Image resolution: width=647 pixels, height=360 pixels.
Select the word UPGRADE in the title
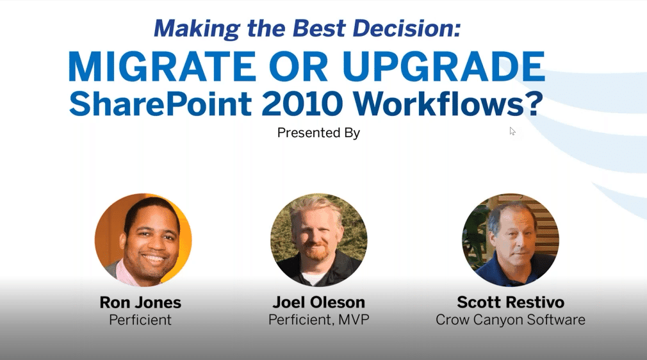pos(443,66)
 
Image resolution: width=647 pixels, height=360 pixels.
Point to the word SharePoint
pos(161,104)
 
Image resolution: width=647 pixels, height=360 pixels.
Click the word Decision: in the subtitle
pos(406,28)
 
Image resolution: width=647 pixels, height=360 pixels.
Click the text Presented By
pos(318,133)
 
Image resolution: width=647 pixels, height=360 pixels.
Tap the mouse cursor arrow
pos(512,131)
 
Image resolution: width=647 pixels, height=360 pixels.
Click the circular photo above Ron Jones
pos(143,240)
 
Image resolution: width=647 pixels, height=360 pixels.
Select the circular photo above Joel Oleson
pos(318,240)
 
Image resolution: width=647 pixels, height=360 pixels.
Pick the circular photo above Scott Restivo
pos(511,240)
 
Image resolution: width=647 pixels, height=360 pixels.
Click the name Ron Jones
pos(140,302)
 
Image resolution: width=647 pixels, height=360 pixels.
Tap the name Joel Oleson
pos(318,302)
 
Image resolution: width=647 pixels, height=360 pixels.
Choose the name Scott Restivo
pos(511,302)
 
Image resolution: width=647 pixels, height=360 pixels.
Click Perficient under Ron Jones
pos(140,320)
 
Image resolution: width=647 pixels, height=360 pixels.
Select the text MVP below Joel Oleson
pos(354,320)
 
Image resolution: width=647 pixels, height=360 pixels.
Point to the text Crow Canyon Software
pos(511,320)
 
